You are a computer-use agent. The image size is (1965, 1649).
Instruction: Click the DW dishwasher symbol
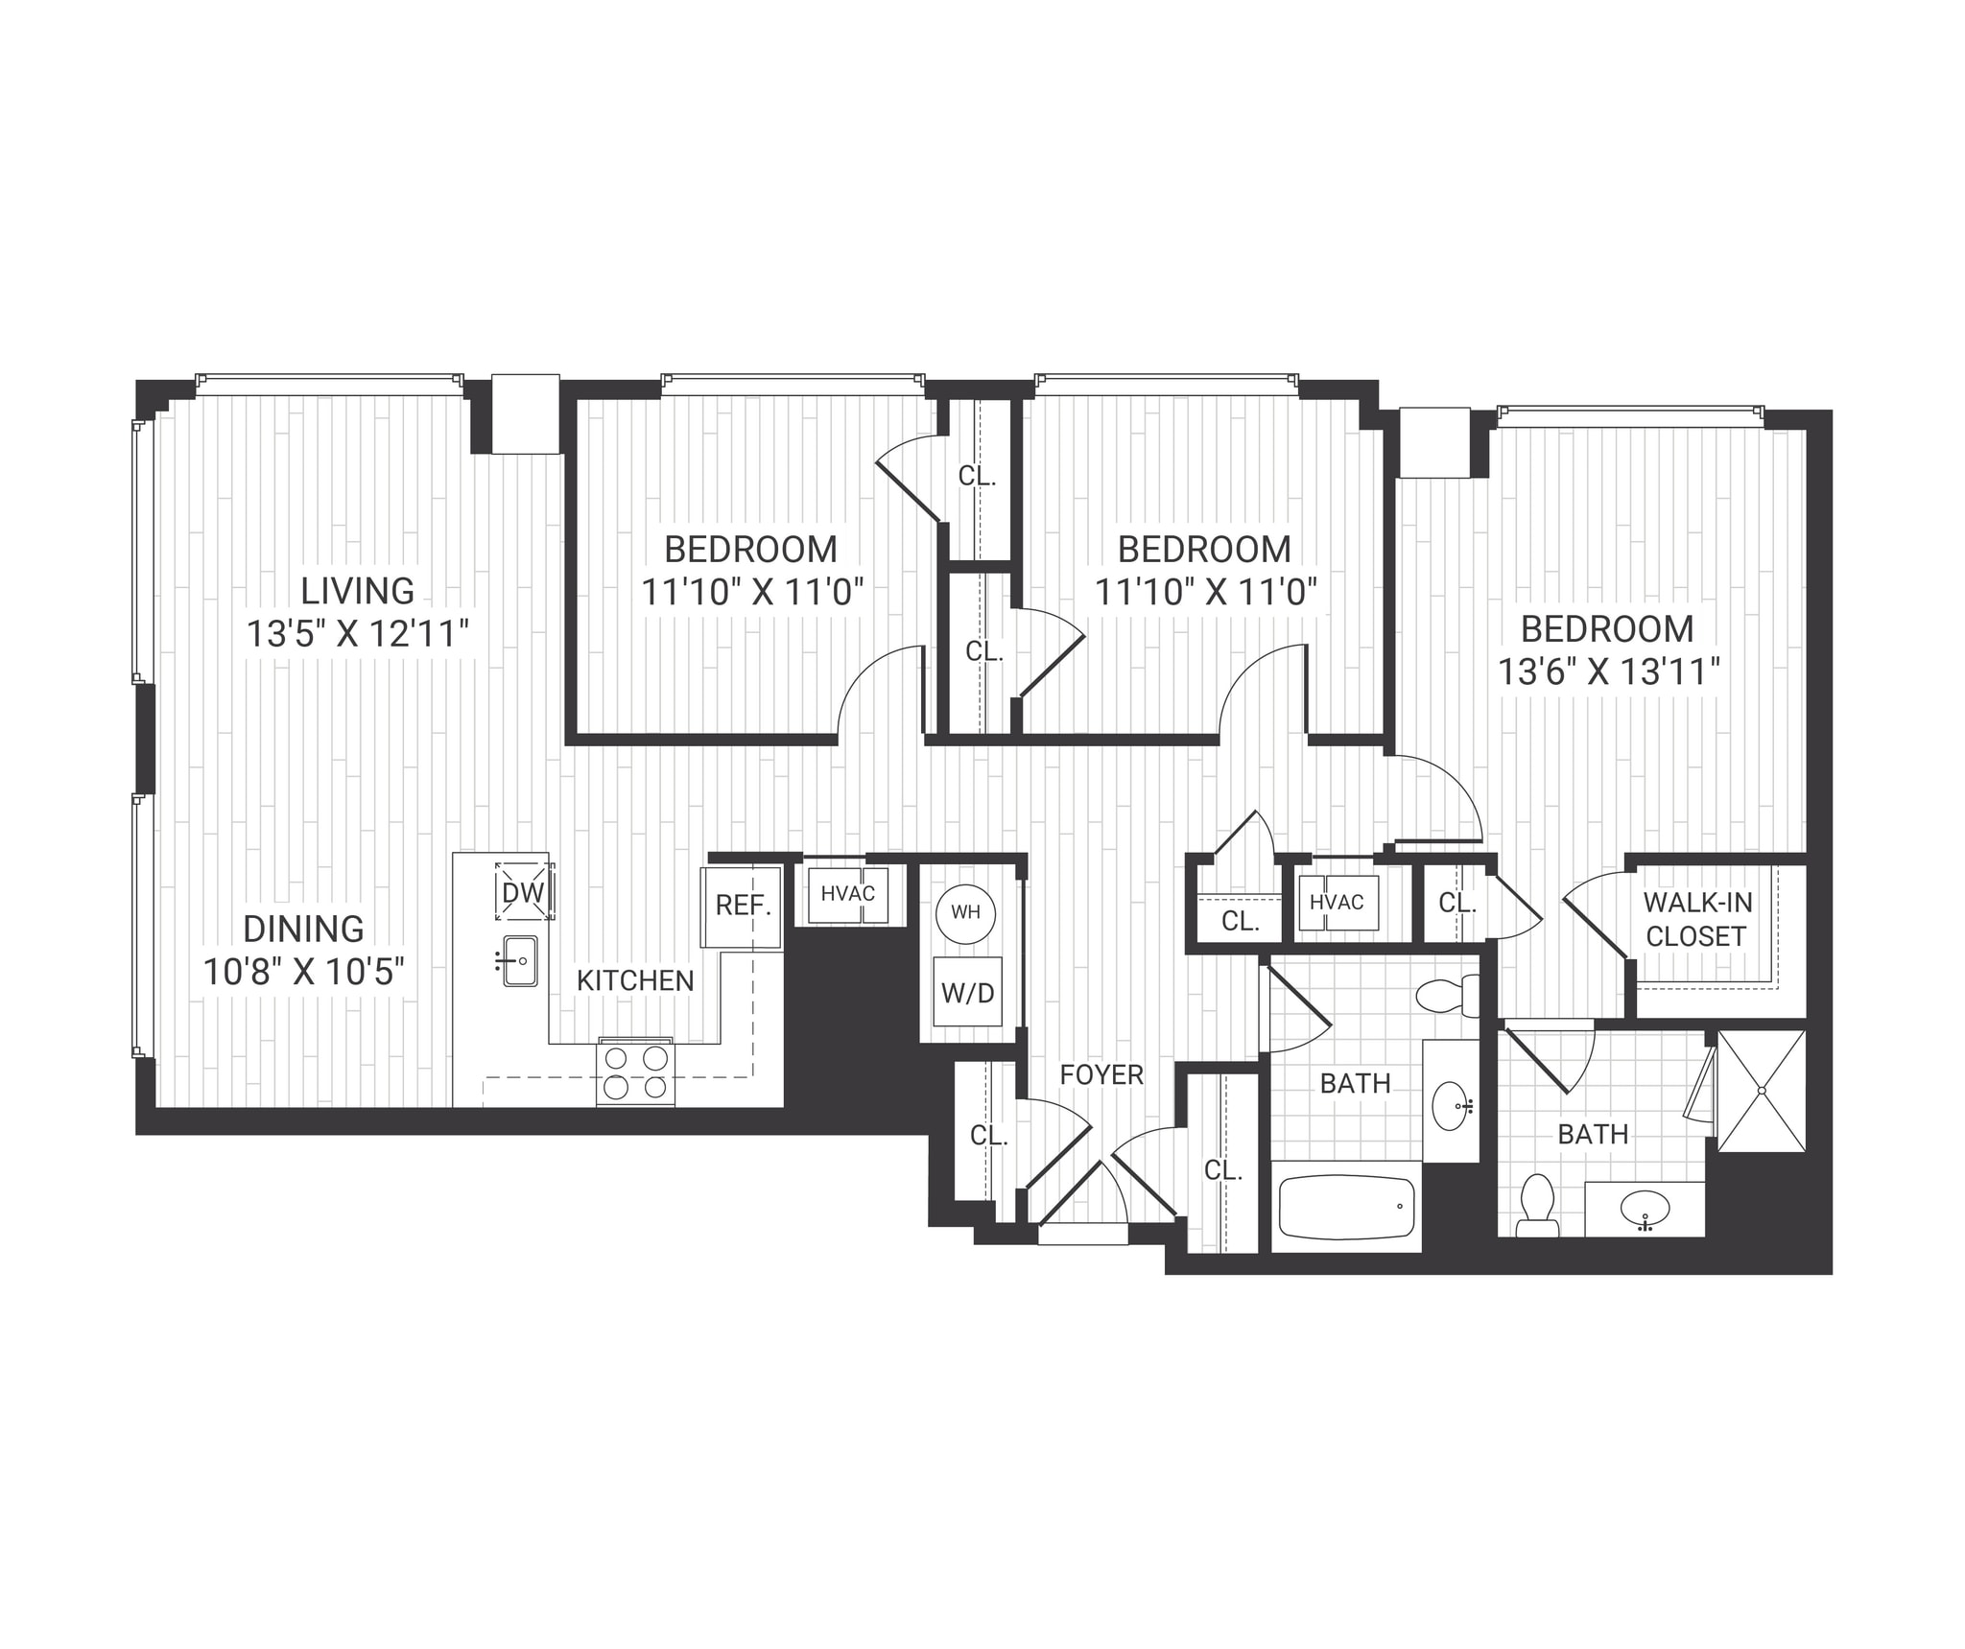tap(524, 892)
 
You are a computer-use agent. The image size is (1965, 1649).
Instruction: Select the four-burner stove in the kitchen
tap(635, 1072)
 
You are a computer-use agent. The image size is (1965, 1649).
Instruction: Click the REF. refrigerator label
tap(744, 905)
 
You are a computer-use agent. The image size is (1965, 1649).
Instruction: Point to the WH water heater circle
tap(965, 911)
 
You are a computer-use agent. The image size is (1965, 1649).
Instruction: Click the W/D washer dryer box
tap(967, 992)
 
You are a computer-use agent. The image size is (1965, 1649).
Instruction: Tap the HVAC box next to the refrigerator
tap(848, 894)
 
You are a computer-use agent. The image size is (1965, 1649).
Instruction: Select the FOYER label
tap(1101, 1074)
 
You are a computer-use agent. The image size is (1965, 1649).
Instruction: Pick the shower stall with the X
tap(1762, 1091)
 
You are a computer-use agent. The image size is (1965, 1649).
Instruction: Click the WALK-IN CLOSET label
tap(1696, 919)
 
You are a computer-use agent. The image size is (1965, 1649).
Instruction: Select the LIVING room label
tap(357, 590)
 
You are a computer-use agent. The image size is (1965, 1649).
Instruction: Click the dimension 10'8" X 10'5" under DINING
tap(303, 972)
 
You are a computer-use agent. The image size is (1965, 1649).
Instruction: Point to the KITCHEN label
tap(635, 980)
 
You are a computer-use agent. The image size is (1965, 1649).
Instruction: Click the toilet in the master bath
tap(1537, 1207)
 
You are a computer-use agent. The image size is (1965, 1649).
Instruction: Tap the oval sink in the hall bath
tap(1452, 1106)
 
